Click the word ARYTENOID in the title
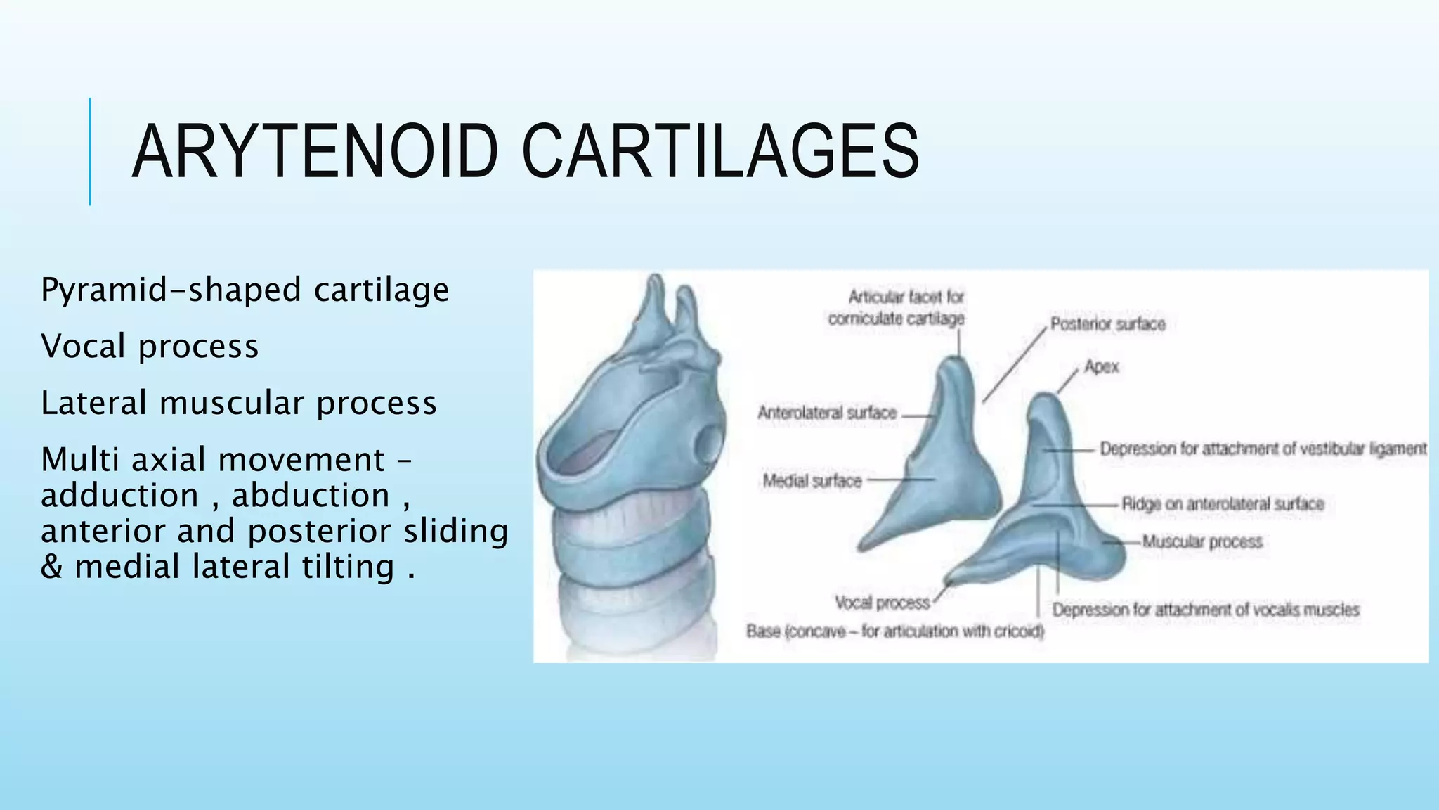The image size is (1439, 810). tap(315, 152)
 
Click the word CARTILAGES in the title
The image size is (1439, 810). tap(720, 152)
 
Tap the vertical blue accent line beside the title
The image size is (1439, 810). tap(90, 152)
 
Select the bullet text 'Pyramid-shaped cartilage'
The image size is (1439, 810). tap(245, 290)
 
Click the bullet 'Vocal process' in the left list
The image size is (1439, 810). tap(150, 347)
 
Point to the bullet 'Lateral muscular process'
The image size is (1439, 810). tap(239, 404)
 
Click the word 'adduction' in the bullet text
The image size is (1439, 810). tap(119, 496)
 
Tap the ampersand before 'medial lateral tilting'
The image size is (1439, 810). tap(51, 567)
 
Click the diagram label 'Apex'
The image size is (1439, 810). tap(1101, 367)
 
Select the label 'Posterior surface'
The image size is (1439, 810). tap(1107, 324)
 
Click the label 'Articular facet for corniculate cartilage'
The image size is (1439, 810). tap(897, 308)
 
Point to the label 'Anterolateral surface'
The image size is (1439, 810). tap(827, 413)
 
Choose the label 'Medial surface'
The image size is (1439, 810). tap(812, 481)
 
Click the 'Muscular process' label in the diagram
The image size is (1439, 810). tap(1202, 541)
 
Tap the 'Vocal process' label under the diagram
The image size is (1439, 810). tap(882, 603)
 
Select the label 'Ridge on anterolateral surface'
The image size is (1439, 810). tap(1223, 504)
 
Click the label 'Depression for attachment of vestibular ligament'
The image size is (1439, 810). tap(1263, 449)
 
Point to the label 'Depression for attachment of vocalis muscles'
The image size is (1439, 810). tap(1206, 610)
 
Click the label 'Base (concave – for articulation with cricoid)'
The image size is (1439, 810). tap(894, 631)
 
